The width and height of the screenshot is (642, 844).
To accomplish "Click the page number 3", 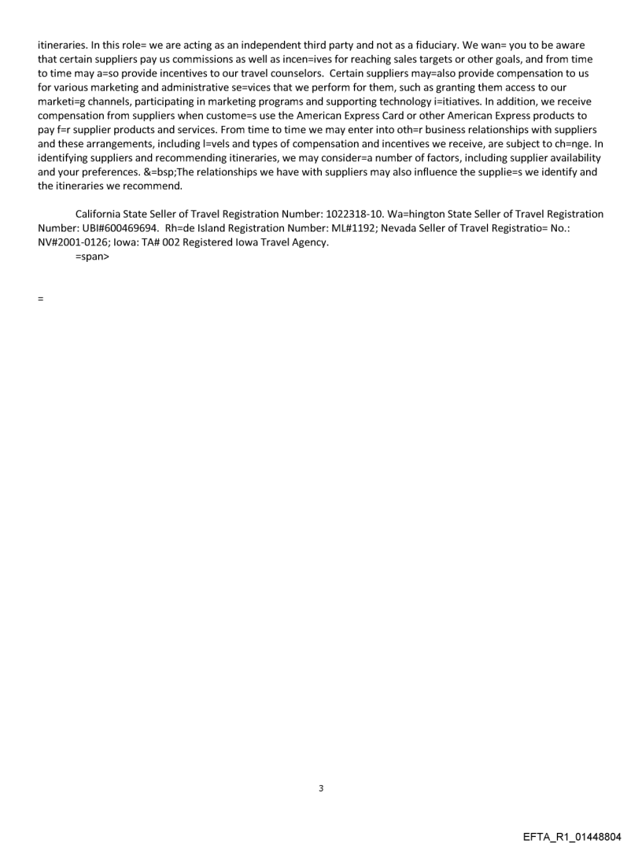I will (x=321, y=788).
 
